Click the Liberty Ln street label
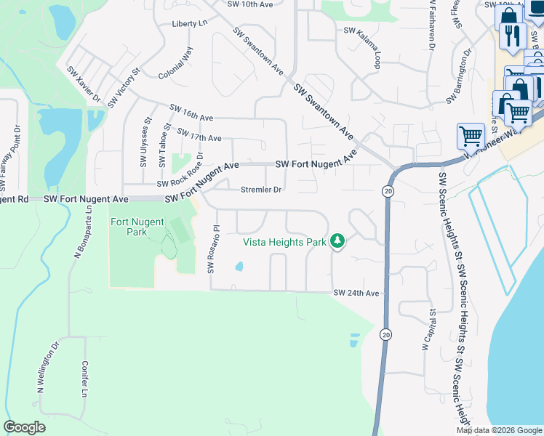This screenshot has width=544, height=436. click(190, 23)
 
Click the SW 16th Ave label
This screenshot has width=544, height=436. click(191, 113)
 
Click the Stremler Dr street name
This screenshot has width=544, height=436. click(260, 190)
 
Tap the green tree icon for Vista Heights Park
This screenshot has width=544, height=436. click(337, 241)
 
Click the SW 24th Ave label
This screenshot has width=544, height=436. click(356, 293)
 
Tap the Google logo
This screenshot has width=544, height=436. click(24, 427)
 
